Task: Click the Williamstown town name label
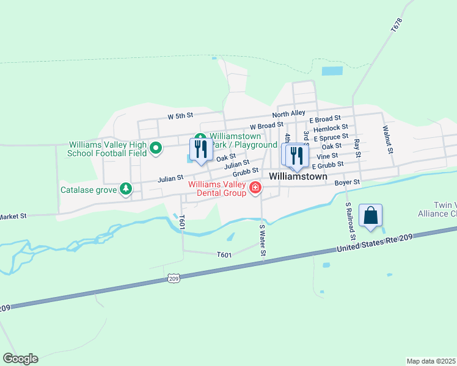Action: (x=298, y=176)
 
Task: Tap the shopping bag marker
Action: (x=370, y=216)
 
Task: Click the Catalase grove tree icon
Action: (x=126, y=189)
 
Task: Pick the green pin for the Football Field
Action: (x=155, y=148)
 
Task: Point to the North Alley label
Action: (x=288, y=114)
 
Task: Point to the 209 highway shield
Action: (x=174, y=278)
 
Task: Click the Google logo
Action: (x=20, y=359)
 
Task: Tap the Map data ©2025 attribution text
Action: (x=431, y=361)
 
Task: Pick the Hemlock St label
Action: (x=330, y=129)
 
